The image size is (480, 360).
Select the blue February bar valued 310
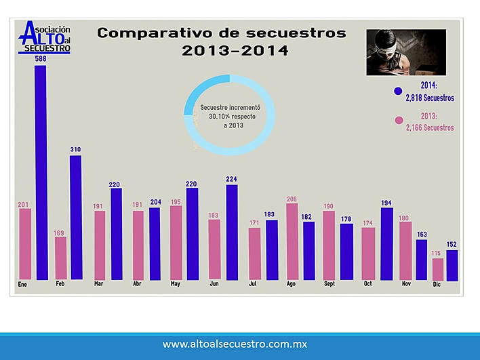(x=75, y=217)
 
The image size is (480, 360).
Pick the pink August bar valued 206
(x=292, y=241)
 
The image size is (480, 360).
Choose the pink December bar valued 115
(x=438, y=269)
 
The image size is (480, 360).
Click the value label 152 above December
(x=452, y=245)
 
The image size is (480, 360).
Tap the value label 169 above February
(x=60, y=232)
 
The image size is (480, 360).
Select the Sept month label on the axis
(x=329, y=284)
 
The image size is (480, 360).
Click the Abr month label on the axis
(x=138, y=284)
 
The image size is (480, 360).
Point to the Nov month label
(x=406, y=284)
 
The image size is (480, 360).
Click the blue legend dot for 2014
(x=398, y=91)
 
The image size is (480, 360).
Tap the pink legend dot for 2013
(x=398, y=121)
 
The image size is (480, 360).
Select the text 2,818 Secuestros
(x=430, y=98)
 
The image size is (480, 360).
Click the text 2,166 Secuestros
(x=430, y=128)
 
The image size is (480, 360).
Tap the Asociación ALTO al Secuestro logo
(x=46, y=37)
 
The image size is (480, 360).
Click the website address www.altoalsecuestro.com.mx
(x=235, y=344)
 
